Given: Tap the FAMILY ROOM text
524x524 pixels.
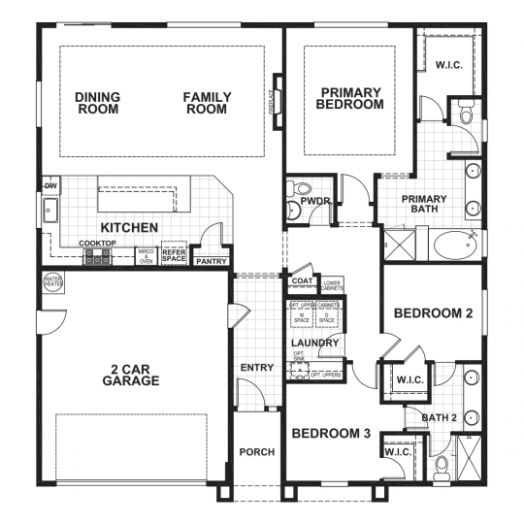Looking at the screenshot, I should click(206, 103).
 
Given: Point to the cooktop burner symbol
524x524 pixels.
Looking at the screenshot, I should click(97, 257).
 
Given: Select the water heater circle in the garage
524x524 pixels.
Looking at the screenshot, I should click(52, 283).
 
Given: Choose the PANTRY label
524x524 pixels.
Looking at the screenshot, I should click(211, 261).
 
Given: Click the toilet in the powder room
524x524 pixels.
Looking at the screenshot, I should click(300, 189).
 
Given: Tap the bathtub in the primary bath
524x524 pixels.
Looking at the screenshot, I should click(456, 244).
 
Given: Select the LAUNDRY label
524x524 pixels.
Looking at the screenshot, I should click(314, 344).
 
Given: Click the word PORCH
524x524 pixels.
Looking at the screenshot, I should click(257, 452).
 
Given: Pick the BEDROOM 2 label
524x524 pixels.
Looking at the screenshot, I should click(433, 313).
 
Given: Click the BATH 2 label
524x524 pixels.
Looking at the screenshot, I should click(439, 417).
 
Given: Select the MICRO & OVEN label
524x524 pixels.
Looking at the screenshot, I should click(147, 256).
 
